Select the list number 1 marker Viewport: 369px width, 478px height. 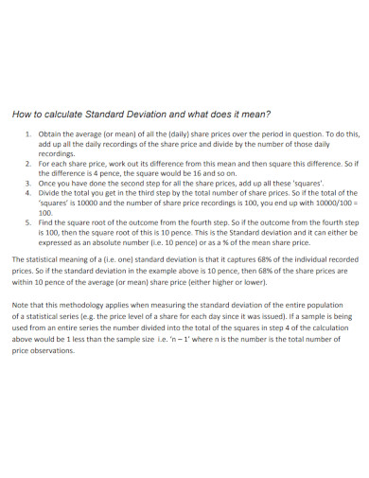[x=27, y=134]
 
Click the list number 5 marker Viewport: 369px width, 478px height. [x=27, y=216]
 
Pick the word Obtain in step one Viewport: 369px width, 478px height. [x=50, y=134]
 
